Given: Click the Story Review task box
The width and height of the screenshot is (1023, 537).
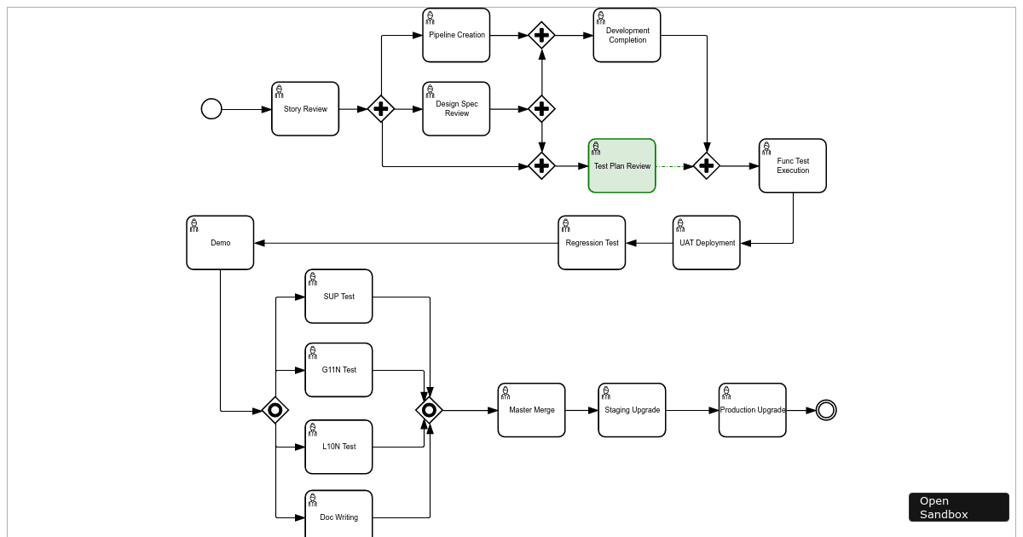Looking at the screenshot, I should (305, 109).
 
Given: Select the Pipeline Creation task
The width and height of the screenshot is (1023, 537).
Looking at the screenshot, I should (456, 36).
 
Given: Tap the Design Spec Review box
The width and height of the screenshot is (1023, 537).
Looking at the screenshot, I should (456, 109).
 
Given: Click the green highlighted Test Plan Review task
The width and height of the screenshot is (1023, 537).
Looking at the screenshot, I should (621, 166).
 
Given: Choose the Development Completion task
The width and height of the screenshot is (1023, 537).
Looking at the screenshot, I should (627, 36).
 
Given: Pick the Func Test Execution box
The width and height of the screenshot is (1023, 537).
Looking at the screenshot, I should (793, 166).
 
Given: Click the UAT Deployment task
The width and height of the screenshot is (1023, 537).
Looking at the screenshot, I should (707, 243).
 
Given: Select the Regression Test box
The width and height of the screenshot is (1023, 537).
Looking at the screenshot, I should (592, 243).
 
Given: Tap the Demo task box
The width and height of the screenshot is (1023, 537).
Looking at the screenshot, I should (220, 243).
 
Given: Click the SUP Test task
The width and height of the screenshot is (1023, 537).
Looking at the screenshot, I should (338, 297).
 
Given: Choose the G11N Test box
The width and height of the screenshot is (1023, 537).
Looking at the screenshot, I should (338, 370).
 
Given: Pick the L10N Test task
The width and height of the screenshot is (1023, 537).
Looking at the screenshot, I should (338, 447).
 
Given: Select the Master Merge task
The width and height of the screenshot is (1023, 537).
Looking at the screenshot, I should (531, 410).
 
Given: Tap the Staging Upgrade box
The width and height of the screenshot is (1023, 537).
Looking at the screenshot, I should (632, 410).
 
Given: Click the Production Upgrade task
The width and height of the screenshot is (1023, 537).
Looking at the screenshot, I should (752, 410).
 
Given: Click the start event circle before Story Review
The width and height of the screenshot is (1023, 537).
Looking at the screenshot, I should (211, 109).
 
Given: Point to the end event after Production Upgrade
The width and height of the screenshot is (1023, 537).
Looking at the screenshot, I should (826, 410).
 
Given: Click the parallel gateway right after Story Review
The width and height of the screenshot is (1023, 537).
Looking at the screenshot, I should (381, 109).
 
